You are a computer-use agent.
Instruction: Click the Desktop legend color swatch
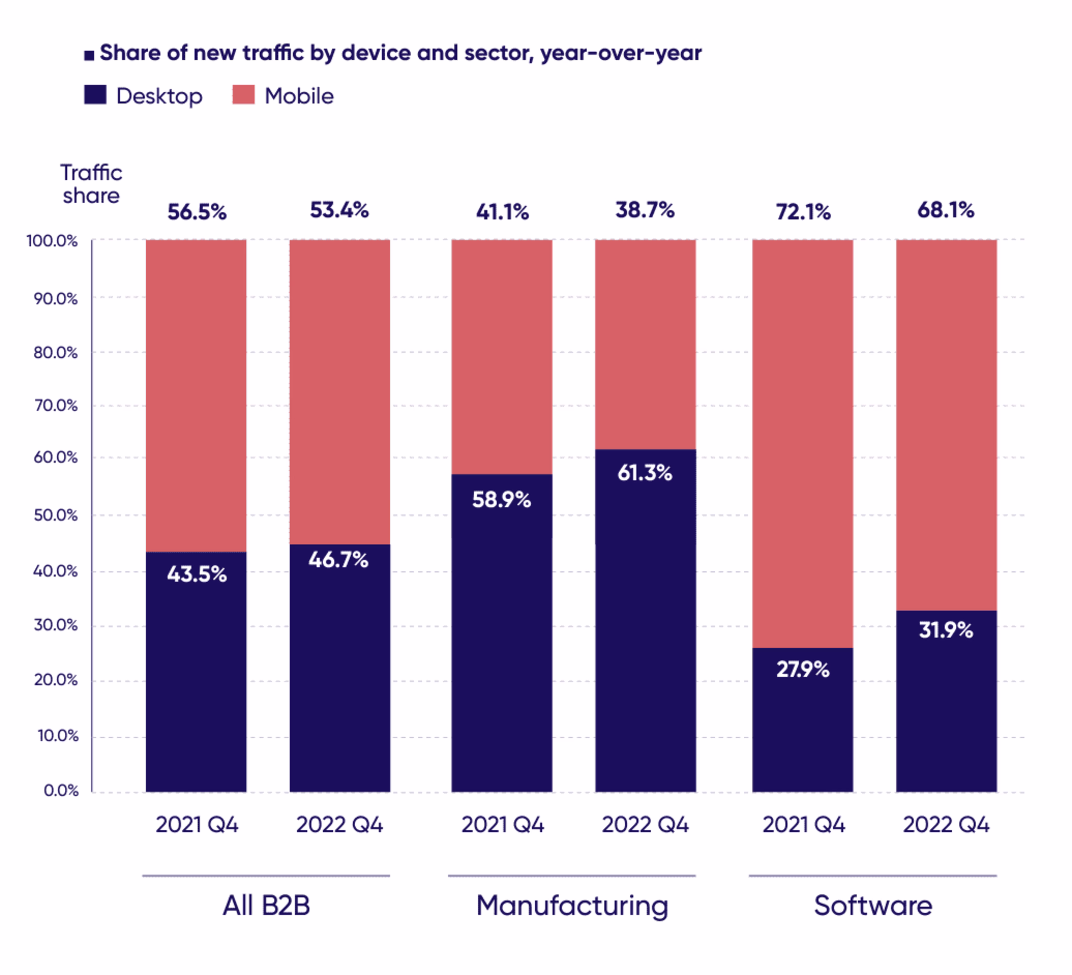tap(95, 95)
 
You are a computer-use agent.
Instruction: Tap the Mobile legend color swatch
tap(243, 95)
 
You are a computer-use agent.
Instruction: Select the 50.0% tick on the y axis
tap(55, 515)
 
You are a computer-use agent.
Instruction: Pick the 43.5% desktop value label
tap(197, 574)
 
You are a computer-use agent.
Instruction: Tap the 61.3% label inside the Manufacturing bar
tap(645, 472)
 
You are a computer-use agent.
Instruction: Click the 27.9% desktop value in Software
tap(802, 669)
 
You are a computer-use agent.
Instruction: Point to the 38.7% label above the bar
tap(645, 210)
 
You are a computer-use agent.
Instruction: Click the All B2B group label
tap(266, 905)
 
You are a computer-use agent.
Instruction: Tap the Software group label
tap(873, 905)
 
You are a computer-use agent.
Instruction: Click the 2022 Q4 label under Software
tap(946, 825)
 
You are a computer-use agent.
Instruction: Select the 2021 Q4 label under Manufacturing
tap(502, 825)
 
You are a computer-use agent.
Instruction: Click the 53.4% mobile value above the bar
tap(339, 210)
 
